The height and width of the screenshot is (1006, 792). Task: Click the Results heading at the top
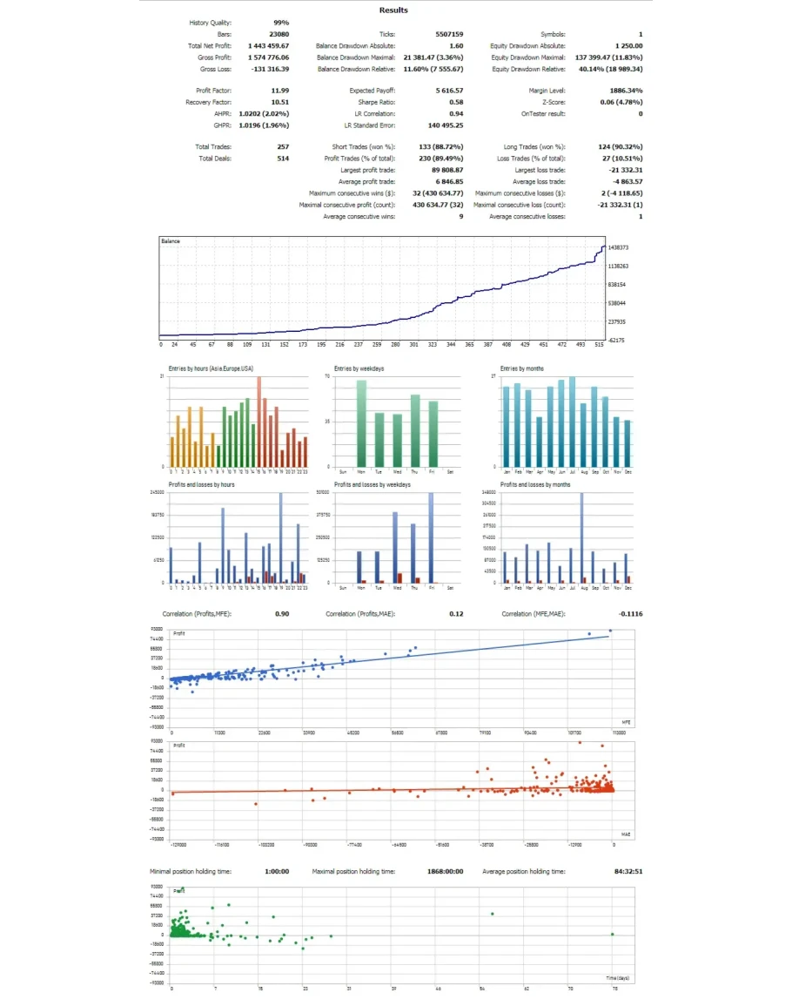[393, 10]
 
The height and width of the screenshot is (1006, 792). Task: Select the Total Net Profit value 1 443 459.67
[268, 45]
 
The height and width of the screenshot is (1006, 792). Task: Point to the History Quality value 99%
[281, 23]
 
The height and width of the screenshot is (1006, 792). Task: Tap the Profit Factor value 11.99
[279, 91]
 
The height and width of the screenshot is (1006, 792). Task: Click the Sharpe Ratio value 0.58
[456, 102]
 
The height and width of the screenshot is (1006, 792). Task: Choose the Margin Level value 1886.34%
[625, 91]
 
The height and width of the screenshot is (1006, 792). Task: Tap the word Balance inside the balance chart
[171, 240]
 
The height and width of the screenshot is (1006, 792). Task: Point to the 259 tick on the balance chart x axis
[377, 345]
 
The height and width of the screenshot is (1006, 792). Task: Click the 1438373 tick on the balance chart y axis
[620, 248]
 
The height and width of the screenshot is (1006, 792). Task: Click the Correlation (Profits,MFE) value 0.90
[283, 614]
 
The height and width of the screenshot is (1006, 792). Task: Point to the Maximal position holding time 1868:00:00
[445, 871]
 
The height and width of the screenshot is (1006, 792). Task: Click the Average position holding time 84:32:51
[627, 871]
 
